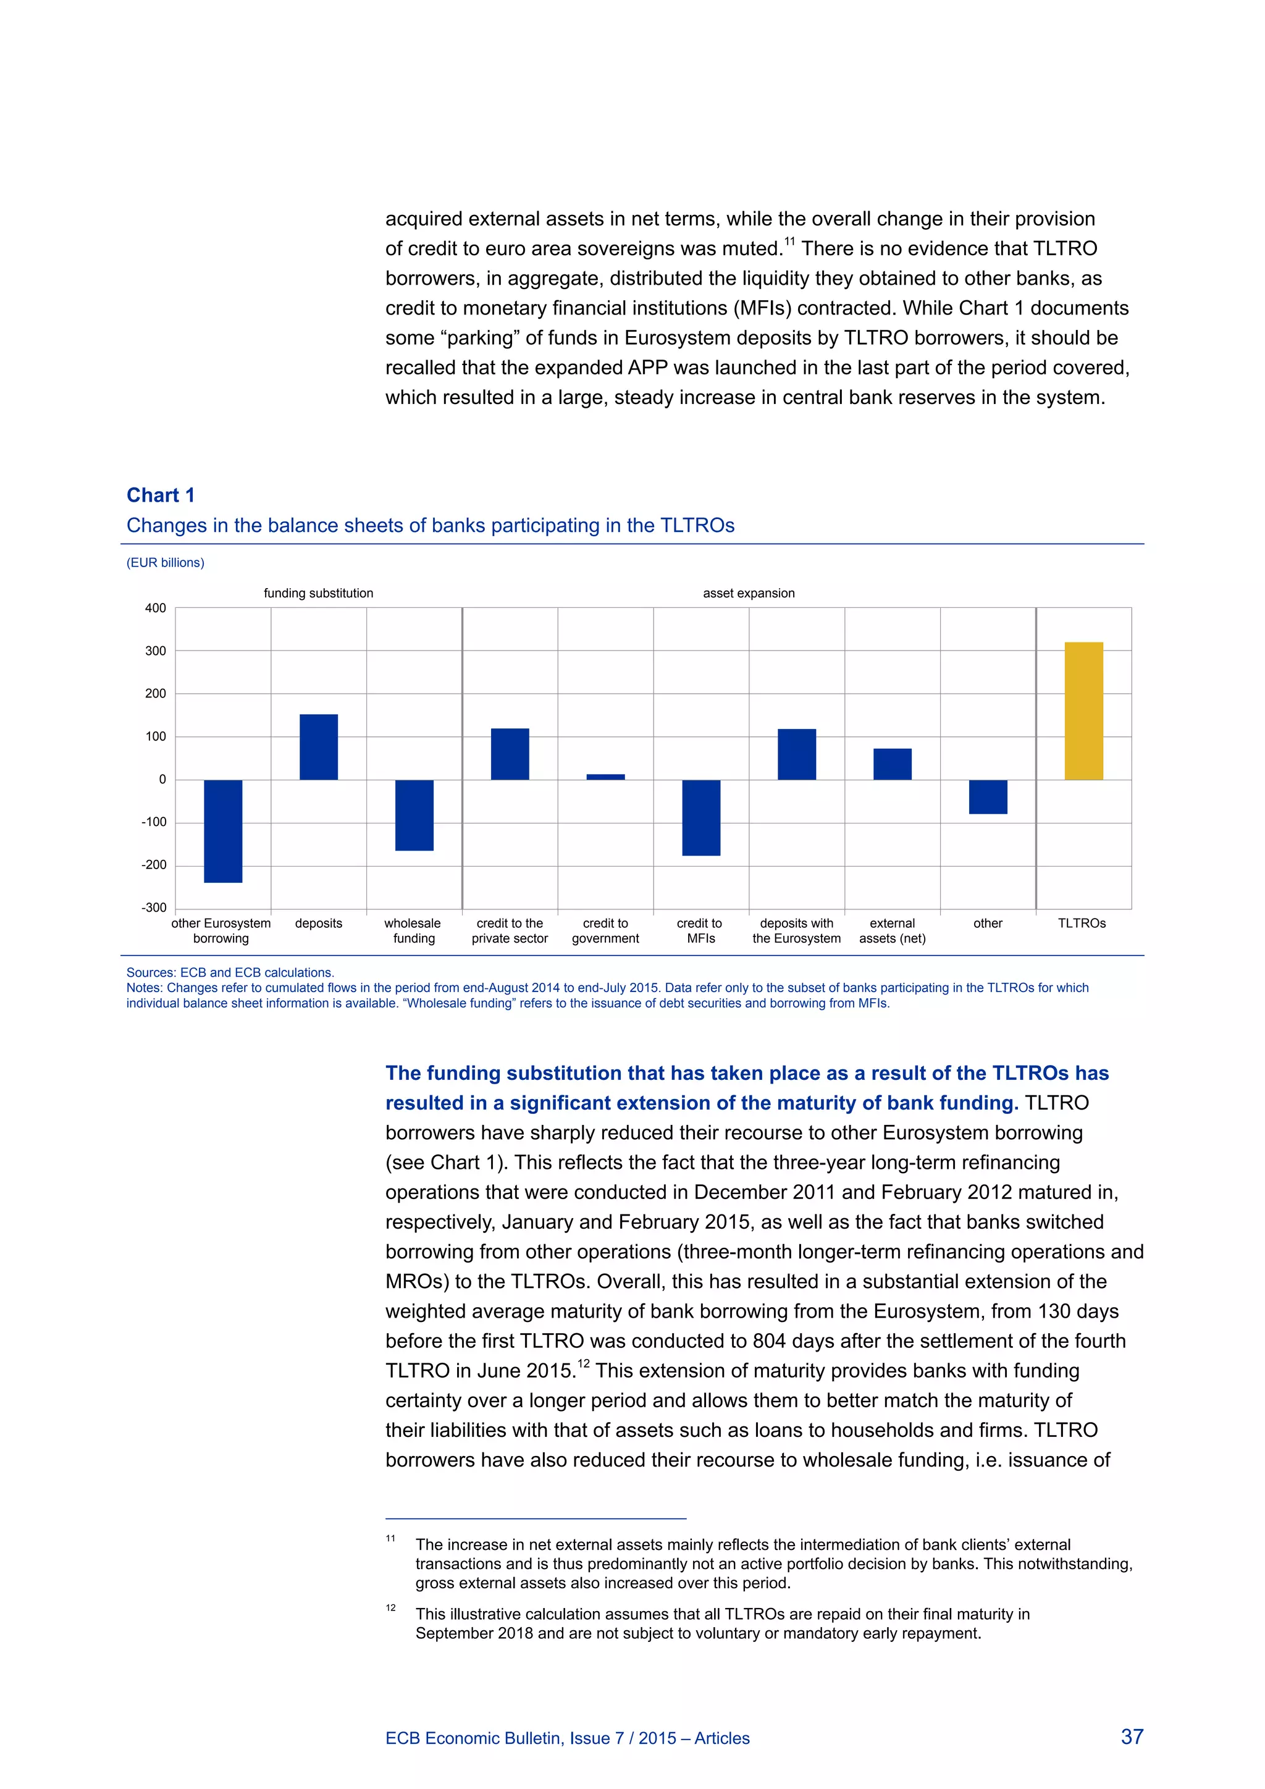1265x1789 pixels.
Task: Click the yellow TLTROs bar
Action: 1083,710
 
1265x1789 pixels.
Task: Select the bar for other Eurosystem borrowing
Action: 223,831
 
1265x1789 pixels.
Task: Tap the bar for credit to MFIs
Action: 701,817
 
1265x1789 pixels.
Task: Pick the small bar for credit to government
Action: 605,777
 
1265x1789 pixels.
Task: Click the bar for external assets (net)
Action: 892,764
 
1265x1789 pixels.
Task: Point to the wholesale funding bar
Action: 414,815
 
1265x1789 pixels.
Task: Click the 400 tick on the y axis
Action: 156,608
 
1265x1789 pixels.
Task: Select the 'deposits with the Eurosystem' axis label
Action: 796,931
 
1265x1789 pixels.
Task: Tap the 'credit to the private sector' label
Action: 510,931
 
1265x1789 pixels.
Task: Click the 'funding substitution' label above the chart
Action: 319,593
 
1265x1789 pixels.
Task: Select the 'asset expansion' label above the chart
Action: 749,593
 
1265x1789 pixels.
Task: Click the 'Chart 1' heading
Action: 161,495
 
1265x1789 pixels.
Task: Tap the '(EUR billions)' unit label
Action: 165,563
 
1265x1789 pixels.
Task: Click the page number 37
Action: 1132,1736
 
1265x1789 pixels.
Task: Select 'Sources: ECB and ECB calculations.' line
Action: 230,972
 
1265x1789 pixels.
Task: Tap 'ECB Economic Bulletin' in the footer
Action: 474,1738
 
